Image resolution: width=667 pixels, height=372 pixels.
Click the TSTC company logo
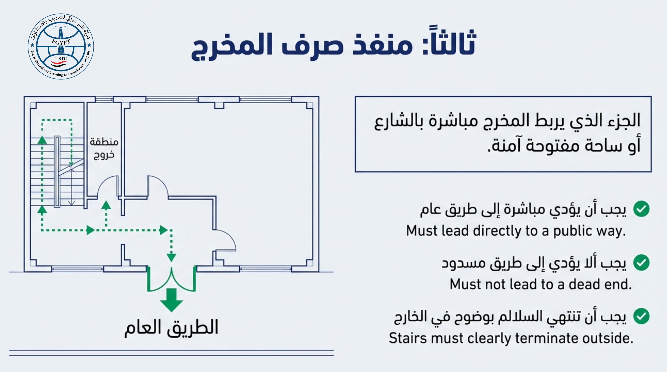tap(61, 46)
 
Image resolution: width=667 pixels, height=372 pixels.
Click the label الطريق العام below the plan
tap(171, 328)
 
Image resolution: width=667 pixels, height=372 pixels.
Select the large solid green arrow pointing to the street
tap(171, 300)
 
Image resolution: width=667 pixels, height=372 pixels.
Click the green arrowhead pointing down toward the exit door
tap(171, 257)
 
